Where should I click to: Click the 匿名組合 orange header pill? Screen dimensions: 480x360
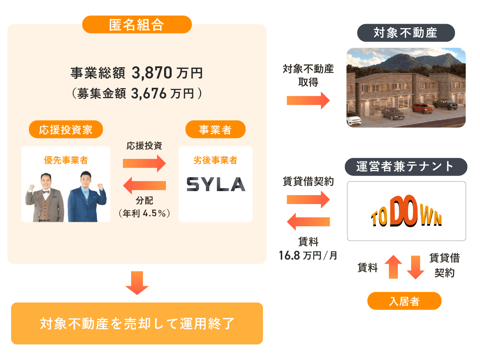tap(137, 24)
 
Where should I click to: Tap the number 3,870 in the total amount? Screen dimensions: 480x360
tap(152, 73)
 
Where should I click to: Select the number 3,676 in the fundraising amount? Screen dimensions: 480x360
tap(149, 94)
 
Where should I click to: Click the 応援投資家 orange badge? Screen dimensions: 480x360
tap(66, 129)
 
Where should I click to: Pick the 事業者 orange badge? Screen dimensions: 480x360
tap(216, 129)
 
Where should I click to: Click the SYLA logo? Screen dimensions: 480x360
tap(216, 184)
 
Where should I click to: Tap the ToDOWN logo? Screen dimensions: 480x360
tap(406, 211)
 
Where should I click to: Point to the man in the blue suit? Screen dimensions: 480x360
tap(87, 197)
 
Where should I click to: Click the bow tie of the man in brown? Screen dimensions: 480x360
tap(46, 192)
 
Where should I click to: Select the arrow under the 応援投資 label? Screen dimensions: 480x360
tap(144, 163)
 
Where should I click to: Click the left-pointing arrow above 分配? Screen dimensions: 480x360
tap(144, 186)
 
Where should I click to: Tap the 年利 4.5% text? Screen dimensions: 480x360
tap(144, 213)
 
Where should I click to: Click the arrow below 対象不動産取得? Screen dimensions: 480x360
tap(308, 100)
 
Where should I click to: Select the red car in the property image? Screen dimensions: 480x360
tap(422, 108)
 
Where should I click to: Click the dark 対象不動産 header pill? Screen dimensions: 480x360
tap(406, 33)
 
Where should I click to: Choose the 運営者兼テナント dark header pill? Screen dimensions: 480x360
tap(406, 167)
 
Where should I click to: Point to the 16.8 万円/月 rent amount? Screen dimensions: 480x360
tap(308, 255)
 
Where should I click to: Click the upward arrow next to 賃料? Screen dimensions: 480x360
tap(393, 267)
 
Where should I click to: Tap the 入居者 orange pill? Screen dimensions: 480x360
tap(404, 301)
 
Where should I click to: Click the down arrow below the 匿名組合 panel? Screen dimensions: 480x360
tap(137, 283)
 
